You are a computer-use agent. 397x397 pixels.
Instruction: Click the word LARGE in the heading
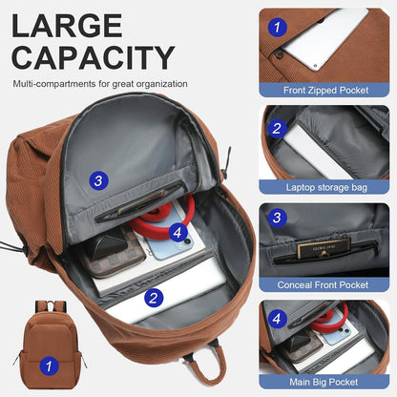click(67, 26)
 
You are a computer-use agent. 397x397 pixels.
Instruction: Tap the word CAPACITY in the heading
click(94, 57)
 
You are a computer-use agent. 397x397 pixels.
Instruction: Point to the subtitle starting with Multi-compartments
click(100, 84)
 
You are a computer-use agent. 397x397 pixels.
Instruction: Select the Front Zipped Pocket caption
click(325, 91)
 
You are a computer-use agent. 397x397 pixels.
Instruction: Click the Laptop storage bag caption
click(326, 187)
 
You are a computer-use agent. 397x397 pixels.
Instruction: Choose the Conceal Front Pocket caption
click(323, 284)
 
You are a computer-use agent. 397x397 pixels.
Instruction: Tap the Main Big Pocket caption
click(324, 382)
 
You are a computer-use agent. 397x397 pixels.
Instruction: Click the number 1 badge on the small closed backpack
click(49, 366)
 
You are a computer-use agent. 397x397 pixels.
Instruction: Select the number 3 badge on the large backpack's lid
click(98, 180)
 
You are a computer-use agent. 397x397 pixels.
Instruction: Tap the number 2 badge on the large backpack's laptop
click(154, 298)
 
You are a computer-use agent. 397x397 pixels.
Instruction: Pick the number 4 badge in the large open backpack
click(178, 233)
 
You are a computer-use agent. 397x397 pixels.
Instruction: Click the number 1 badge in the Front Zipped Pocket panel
click(278, 27)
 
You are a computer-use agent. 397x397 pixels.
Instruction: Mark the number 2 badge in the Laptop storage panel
click(277, 129)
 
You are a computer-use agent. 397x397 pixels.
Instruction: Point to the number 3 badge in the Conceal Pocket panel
click(277, 218)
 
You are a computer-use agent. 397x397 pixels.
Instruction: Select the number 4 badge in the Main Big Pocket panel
click(277, 319)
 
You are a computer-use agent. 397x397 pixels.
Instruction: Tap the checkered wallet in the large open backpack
click(112, 252)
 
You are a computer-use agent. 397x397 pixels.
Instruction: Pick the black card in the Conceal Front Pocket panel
click(324, 248)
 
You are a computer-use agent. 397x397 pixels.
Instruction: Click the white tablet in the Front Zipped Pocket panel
click(324, 36)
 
